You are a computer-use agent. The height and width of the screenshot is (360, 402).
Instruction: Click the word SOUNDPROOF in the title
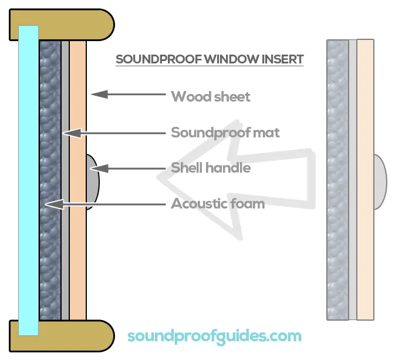tap(158, 59)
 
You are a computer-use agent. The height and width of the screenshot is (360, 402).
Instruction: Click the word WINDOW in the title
tap(232, 59)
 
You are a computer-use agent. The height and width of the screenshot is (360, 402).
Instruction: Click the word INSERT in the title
tap(283, 59)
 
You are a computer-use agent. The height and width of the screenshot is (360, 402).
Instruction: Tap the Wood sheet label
tap(211, 97)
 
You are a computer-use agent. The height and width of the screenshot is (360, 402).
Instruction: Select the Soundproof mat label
tap(225, 133)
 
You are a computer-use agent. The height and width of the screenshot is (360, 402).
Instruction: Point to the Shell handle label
tap(211, 168)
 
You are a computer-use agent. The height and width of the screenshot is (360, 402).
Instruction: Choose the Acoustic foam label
tap(218, 204)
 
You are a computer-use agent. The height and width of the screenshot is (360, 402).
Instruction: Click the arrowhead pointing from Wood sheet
tap(99, 94)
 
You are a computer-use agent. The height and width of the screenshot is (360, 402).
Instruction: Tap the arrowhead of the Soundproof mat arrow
tap(72, 133)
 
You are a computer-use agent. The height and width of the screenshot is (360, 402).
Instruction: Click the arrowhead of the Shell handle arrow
tap(99, 169)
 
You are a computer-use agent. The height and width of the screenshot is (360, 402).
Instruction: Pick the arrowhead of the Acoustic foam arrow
tap(54, 204)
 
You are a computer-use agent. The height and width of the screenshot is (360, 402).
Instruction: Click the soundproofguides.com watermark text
tap(214, 337)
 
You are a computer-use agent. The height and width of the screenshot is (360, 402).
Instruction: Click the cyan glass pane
tap(28, 180)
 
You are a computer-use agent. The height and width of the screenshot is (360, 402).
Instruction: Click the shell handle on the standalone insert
tap(380, 181)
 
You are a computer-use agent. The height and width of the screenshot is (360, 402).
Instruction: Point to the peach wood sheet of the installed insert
tap(78, 180)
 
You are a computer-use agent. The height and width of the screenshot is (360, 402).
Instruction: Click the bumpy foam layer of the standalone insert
tap(337, 180)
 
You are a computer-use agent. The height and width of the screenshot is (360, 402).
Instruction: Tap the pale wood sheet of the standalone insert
tap(366, 180)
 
